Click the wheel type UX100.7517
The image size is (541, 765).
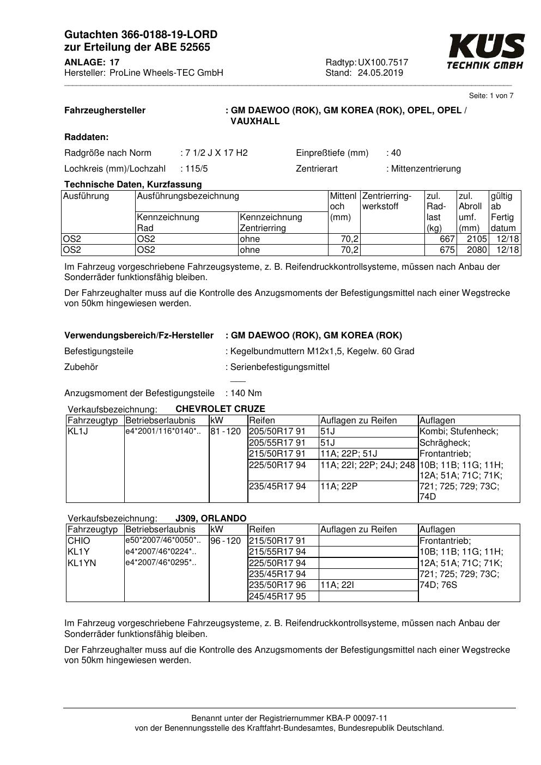click(383, 62)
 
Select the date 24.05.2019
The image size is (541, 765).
click(380, 73)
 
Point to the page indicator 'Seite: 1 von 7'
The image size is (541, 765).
click(491, 96)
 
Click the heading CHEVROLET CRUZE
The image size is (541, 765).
click(220, 409)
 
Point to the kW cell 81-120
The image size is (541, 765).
click(226, 432)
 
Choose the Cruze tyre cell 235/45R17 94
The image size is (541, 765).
click(277, 486)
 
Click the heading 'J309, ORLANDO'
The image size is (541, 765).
click(211, 518)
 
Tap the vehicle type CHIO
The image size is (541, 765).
click(79, 541)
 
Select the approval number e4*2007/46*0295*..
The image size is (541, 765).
click(161, 563)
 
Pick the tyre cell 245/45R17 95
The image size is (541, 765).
click(277, 596)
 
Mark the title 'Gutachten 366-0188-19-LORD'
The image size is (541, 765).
click(141, 35)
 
